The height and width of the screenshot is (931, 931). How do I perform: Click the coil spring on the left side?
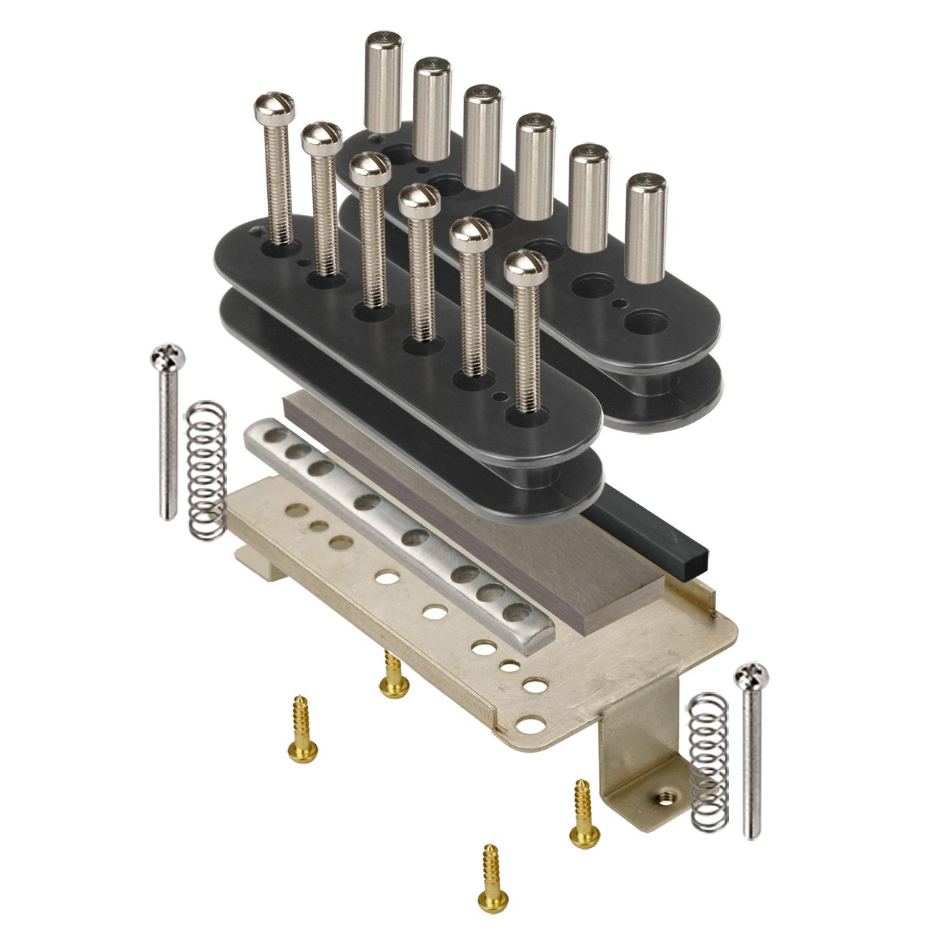click(206, 469)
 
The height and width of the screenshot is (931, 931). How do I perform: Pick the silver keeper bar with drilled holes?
click(387, 530)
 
